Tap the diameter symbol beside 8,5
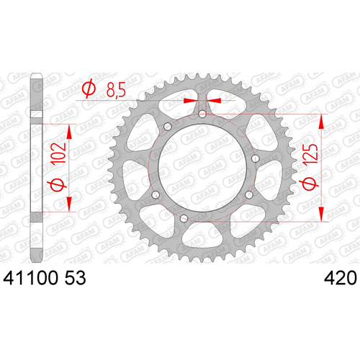[x=89, y=89]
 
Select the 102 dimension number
[x=58, y=154]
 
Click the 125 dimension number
[x=310, y=155]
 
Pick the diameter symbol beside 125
[x=310, y=184]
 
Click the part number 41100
[x=30, y=278]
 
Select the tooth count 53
[x=76, y=278]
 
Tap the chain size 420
[x=341, y=278]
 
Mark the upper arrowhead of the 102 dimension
[x=69, y=132]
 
